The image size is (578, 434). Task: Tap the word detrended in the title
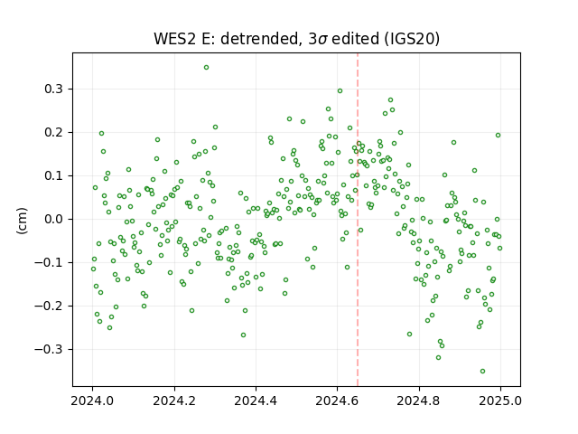(259, 39)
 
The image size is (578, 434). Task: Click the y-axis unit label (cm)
(22, 221)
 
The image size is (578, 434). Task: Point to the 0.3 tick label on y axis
(55, 90)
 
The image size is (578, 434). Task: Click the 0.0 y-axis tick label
(55, 219)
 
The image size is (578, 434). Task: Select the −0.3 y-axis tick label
(50, 349)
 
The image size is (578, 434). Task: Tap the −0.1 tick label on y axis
(50, 263)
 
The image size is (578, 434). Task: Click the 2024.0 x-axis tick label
(92, 401)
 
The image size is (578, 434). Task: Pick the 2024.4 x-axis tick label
(256, 401)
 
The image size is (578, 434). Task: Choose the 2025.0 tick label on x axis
(500, 401)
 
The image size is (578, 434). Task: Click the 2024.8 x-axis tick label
(419, 401)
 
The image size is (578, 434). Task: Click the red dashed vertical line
(358, 220)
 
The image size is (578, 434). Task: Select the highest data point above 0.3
(207, 67)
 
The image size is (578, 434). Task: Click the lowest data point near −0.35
(482, 371)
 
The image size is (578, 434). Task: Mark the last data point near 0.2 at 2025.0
(498, 135)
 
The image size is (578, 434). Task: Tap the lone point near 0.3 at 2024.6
(340, 90)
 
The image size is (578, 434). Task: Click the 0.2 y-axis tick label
(55, 133)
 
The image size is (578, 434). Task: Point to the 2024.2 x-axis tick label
(174, 401)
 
